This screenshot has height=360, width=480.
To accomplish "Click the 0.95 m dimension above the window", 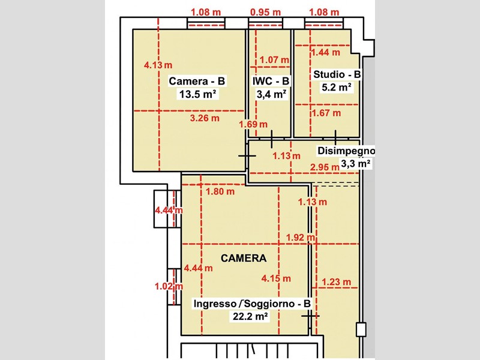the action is [265, 12].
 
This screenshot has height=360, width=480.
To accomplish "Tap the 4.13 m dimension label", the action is [158, 65].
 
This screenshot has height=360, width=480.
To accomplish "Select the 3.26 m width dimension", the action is [205, 118].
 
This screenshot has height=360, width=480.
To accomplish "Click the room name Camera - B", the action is [197, 81].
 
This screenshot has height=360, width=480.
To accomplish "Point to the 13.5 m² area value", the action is [197, 94].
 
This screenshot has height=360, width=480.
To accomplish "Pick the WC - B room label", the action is [271, 81].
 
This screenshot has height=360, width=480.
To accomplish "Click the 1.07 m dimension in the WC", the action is [274, 59].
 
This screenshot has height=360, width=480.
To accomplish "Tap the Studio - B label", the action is [337, 74].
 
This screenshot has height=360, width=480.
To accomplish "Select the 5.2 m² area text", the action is [336, 87].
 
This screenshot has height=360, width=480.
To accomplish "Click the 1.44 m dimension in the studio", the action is [325, 52].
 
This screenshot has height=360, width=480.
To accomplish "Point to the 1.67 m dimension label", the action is [326, 113].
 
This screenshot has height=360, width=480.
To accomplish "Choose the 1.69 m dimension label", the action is [253, 124].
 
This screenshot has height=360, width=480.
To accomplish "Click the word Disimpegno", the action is [346, 151].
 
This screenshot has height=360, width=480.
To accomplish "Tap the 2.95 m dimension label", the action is [325, 167].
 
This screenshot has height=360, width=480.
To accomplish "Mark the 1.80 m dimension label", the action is [220, 191].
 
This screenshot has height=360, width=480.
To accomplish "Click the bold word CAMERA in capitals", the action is [244, 258].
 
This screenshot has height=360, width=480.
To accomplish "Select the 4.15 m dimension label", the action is [276, 278].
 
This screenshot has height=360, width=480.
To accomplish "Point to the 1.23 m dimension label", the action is [337, 281].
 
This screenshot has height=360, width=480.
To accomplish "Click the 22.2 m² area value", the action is [251, 316].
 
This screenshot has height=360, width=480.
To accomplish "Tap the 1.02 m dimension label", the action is [169, 286].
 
